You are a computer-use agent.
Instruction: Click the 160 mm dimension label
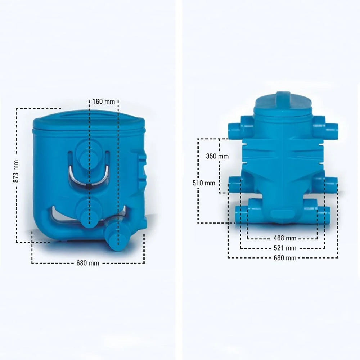pos(104,102)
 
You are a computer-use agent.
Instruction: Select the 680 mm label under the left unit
pos(87,263)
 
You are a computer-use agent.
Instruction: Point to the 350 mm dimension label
pos(217,156)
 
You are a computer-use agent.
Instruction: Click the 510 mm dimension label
pos(204,183)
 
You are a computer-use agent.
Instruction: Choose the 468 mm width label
pos(285,238)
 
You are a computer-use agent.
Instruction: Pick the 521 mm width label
pos(285,248)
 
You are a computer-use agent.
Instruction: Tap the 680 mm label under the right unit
pos(285,258)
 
